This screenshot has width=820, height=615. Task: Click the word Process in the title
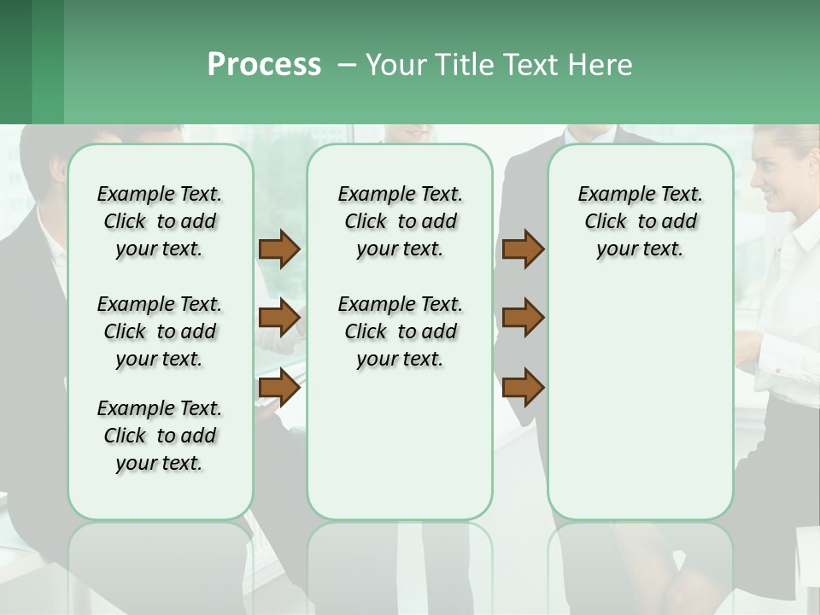pyautogui.click(x=264, y=65)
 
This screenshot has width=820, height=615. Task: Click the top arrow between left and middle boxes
pyautogui.click(x=279, y=249)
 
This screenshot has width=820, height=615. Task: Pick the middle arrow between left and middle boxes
pyautogui.click(x=279, y=318)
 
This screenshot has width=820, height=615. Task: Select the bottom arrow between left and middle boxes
pyautogui.click(x=279, y=388)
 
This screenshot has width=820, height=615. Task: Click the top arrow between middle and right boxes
pyautogui.click(x=523, y=249)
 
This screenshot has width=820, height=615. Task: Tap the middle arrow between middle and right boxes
pyautogui.click(x=523, y=318)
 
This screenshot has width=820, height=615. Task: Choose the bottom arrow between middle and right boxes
pyautogui.click(x=523, y=388)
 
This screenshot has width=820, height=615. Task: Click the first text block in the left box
pyautogui.click(x=160, y=221)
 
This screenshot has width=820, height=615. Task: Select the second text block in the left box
pyautogui.click(x=160, y=331)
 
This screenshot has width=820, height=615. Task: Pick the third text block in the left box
pyautogui.click(x=160, y=436)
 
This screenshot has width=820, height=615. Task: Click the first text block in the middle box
pyautogui.click(x=401, y=221)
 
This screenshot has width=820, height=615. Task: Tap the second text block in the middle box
pyautogui.click(x=401, y=331)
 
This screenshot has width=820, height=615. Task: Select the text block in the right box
pyautogui.click(x=641, y=221)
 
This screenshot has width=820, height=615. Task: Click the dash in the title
pyautogui.click(x=347, y=66)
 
